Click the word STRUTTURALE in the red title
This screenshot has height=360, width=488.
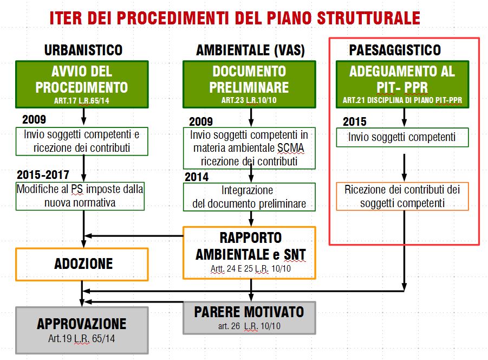(x=368, y=18)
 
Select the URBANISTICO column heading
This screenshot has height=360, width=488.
(x=83, y=50)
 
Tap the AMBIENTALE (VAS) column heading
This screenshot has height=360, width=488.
(x=250, y=50)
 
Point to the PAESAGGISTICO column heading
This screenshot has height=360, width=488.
(x=395, y=50)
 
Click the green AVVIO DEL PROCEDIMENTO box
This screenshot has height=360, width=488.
(x=82, y=85)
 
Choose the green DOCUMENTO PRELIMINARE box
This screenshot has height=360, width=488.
(x=249, y=85)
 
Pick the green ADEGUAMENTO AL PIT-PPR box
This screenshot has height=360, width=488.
(x=402, y=85)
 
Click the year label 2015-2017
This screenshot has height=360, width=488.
(x=43, y=175)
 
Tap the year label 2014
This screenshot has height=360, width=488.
(x=197, y=177)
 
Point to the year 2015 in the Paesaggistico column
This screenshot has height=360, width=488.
(x=354, y=121)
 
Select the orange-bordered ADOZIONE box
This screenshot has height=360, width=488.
(x=82, y=265)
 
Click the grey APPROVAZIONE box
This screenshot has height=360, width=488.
(x=82, y=330)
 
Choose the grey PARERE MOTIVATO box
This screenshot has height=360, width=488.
(x=249, y=318)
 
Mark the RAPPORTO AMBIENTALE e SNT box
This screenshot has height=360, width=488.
(x=249, y=253)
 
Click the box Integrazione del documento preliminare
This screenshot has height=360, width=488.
(x=249, y=197)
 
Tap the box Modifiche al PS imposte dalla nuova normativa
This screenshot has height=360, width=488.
(x=80, y=196)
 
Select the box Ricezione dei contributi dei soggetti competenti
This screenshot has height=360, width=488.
(x=402, y=196)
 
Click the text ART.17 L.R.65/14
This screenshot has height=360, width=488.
(x=82, y=101)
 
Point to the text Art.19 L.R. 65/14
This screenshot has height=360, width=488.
(x=82, y=338)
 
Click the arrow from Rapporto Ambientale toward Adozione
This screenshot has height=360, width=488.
(x=134, y=236)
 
